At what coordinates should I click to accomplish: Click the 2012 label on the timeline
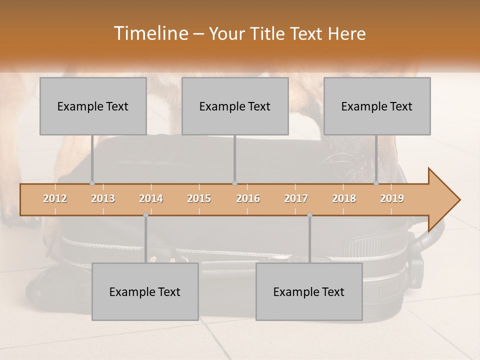(55, 199)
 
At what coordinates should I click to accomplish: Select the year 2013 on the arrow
(103, 199)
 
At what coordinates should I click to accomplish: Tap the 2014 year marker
(151, 199)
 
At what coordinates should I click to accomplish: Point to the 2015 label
(199, 199)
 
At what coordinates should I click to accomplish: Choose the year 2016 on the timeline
(248, 199)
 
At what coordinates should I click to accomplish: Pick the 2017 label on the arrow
(296, 199)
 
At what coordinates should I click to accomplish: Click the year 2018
(344, 199)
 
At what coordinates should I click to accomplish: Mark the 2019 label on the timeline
(392, 199)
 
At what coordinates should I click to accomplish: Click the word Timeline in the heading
(150, 33)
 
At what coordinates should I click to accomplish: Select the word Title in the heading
(268, 34)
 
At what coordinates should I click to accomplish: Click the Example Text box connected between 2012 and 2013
(93, 106)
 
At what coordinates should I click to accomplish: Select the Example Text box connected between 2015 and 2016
(235, 106)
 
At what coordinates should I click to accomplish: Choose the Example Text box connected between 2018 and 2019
(377, 106)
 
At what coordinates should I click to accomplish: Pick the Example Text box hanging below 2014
(145, 291)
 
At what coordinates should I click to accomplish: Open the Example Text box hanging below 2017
(309, 291)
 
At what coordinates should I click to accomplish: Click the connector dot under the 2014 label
(145, 215)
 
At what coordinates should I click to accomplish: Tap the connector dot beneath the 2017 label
(309, 215)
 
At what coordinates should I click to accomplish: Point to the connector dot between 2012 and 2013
(92, 183)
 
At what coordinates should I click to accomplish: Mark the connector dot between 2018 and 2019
(376, 183)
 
